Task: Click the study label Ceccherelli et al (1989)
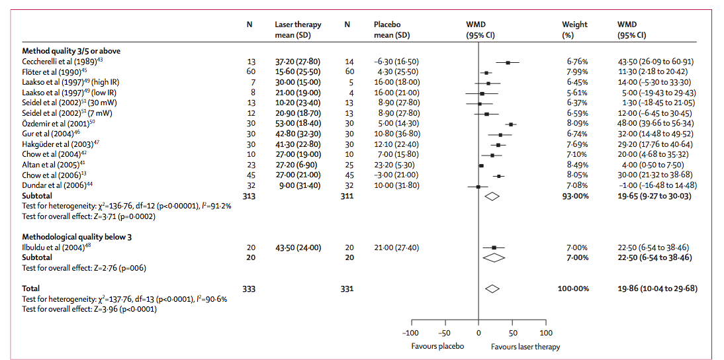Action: click(x=58, y=62)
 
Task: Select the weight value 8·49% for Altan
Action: click(x=574, y=164)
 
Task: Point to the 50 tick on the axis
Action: click(x=512, y=333)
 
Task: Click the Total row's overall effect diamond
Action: click(x=492, y=289)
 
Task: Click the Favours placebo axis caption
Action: click(x=437, y=346)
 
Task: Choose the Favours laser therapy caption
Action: click(x=525, y=346)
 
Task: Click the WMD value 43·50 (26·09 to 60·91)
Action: click(x=655, y=62)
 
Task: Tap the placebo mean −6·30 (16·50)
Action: click(x=396, y=62)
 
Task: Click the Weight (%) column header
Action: click(x=574, y=29)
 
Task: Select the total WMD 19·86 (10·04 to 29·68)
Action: click(x=657, y=289)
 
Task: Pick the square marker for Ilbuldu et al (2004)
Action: click(x=494, y=247)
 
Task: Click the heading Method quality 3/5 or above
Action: click(x=71, y=50)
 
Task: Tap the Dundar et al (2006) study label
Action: click(x=54, y=185)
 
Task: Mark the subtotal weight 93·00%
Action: click(x=574, y=196)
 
